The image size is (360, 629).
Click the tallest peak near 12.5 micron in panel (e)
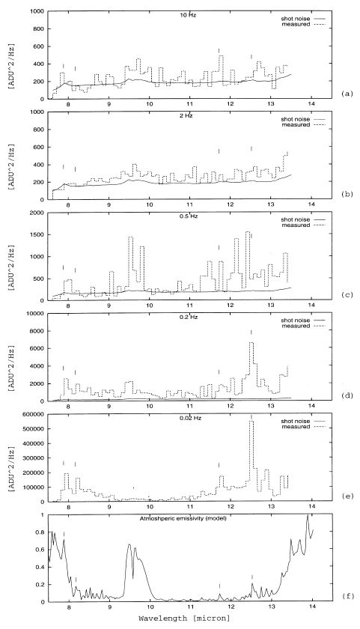click(251, 422)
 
